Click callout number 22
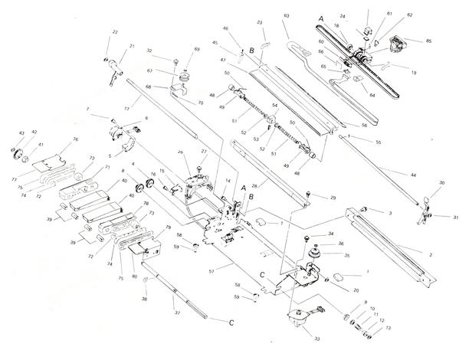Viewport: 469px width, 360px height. click(115, 31)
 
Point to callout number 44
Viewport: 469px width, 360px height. click(413, 176)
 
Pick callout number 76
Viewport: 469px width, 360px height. click(76, 139)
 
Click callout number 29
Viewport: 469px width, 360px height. click(333, 198)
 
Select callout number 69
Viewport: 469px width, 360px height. click(197, 50)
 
